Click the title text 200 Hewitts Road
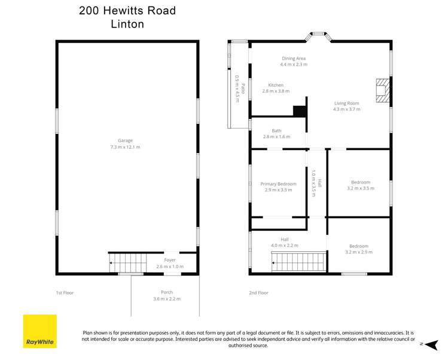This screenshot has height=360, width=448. [127, 11]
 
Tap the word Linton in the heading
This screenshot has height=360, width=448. [127, 25]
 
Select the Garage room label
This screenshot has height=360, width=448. [125, 141]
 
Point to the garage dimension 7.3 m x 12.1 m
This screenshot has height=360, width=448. [125, 147]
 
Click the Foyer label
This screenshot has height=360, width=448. [170, 260]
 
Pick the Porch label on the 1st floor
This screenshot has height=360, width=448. [166, 292]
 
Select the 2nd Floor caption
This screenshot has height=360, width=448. [258, 292]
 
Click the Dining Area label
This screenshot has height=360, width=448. [293, 58]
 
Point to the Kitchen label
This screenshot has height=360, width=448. [275, 85]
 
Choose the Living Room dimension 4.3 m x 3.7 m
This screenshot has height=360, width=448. [347, 109]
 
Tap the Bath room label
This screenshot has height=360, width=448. [276, 130]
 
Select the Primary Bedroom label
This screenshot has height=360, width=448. [278, 184]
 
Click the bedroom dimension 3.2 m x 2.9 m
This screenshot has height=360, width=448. [359, 252]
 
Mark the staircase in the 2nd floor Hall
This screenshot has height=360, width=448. [298, 261]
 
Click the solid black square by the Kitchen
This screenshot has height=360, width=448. [299, 111]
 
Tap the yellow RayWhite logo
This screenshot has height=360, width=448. [39, 331]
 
